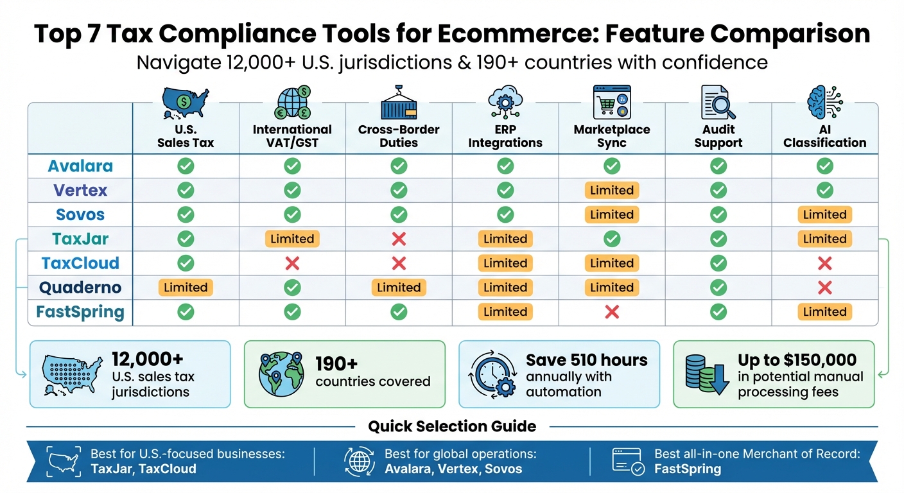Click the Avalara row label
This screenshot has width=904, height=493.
[80, 166]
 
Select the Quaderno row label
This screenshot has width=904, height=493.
[80, 288]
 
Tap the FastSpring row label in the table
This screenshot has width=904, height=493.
[80, 313]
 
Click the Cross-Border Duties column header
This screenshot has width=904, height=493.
[399, 136]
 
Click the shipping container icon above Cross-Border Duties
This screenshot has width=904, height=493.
[399, 103]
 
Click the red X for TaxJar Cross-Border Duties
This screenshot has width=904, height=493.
[399, 239]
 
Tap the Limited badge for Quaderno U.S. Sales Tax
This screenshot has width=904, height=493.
[186, 288]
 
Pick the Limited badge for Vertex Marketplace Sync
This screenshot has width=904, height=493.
[612, 191]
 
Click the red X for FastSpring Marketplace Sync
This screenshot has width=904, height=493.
[612, 313]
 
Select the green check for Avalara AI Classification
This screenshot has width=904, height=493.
[824, 166]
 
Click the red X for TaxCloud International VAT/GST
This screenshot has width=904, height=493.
[292, 263]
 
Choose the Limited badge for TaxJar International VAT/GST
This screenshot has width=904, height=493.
[292, 239]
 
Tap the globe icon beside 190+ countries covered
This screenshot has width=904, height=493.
[279, 374]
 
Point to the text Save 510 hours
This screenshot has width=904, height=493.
[587, 360]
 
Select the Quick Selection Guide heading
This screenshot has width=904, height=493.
[452, 426]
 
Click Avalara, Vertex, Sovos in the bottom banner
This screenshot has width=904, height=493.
[453, 469]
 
